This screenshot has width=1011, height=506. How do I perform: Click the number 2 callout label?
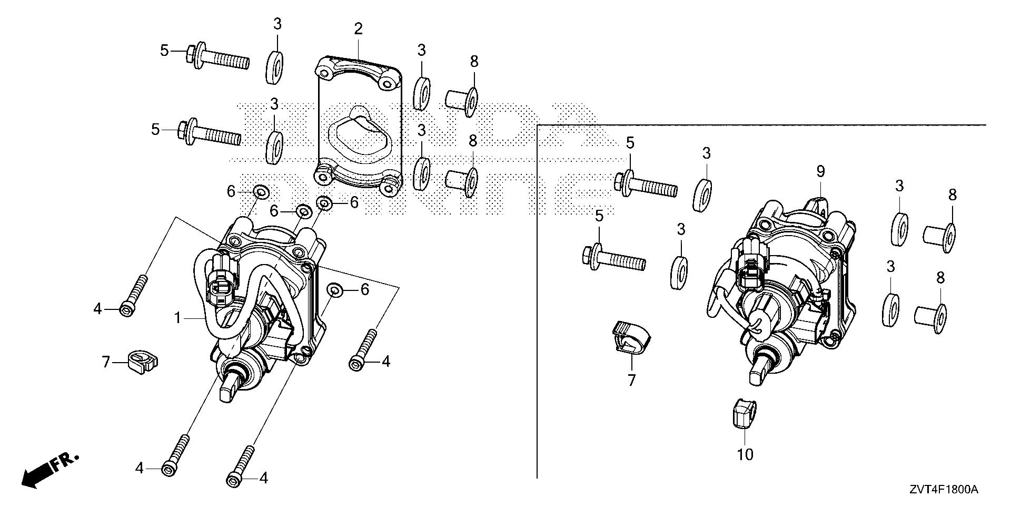pos(358,29)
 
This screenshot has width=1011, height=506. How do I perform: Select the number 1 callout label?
pos(178,318)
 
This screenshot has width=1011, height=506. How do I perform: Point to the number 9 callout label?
pos(820,171)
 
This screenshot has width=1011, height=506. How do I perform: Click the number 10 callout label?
pos(745,454)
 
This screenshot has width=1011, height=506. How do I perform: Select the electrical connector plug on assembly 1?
pos(220,287)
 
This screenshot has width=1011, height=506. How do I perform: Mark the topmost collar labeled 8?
pos(461,98)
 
